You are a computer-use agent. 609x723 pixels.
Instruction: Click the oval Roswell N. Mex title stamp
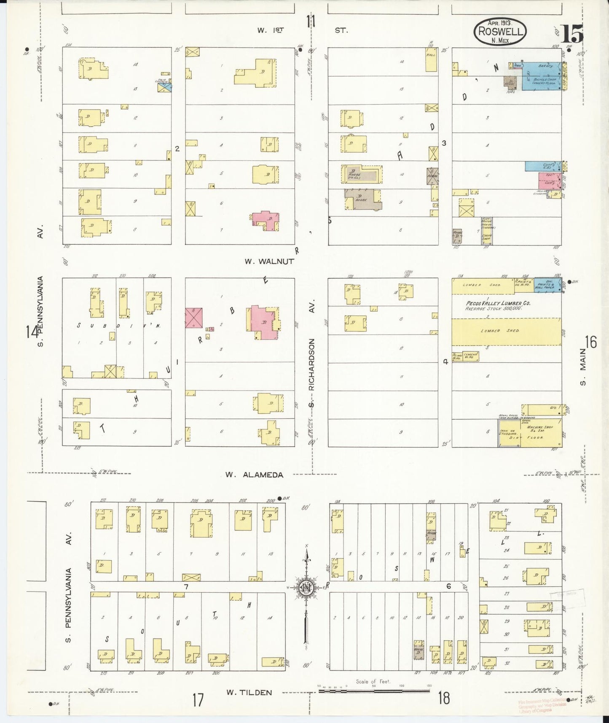coord(500,31)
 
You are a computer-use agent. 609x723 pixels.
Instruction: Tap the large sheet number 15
coord(572,34)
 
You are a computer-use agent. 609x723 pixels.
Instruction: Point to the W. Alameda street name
coord(254,475)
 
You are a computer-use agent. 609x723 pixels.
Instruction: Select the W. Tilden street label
coord(249,692)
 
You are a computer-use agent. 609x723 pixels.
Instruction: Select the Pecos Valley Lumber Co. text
coord(498,303)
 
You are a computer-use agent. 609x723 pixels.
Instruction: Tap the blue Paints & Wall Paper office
coord(547,283)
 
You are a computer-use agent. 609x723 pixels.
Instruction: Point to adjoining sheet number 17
coord(198,700)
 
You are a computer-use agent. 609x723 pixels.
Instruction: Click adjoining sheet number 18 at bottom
coord(443,698)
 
